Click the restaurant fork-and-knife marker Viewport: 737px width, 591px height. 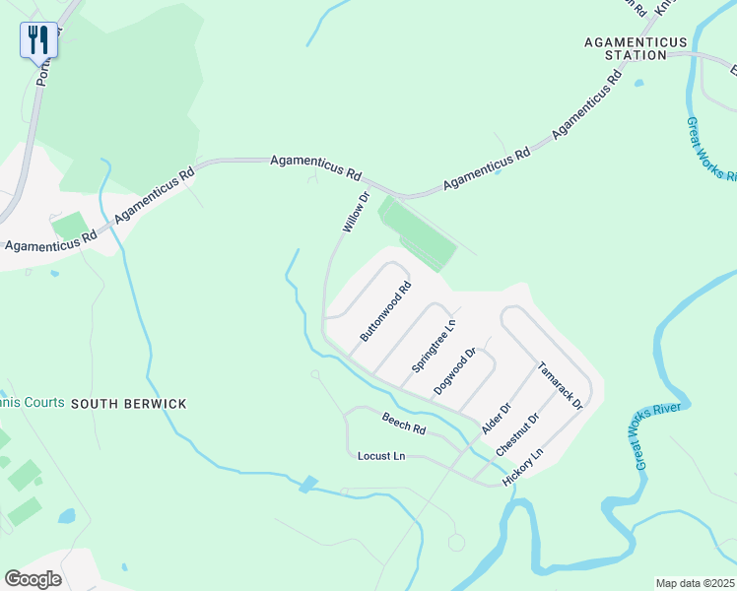click(x=38, y=40)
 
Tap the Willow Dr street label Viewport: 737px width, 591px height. click(x=355, y=213)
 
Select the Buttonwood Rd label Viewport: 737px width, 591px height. click(x=385, y=312)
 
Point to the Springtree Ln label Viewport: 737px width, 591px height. click(x=435, y=345)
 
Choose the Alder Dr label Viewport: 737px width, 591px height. click(x=497, y=418)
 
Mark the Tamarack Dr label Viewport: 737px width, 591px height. click(x=560, y=385)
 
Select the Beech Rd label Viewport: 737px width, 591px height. click(x=404, y=424)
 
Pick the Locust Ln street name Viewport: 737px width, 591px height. click(x=381, y=456)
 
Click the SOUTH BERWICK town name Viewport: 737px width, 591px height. click(x=128, y=404)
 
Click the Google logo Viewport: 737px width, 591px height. click(x=33, y=578)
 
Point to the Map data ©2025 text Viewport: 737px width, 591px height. click(x=695, y=583)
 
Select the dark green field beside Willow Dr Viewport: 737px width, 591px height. click(x=418, y=232)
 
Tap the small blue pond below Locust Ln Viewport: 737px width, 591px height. click(x=309, y=484)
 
